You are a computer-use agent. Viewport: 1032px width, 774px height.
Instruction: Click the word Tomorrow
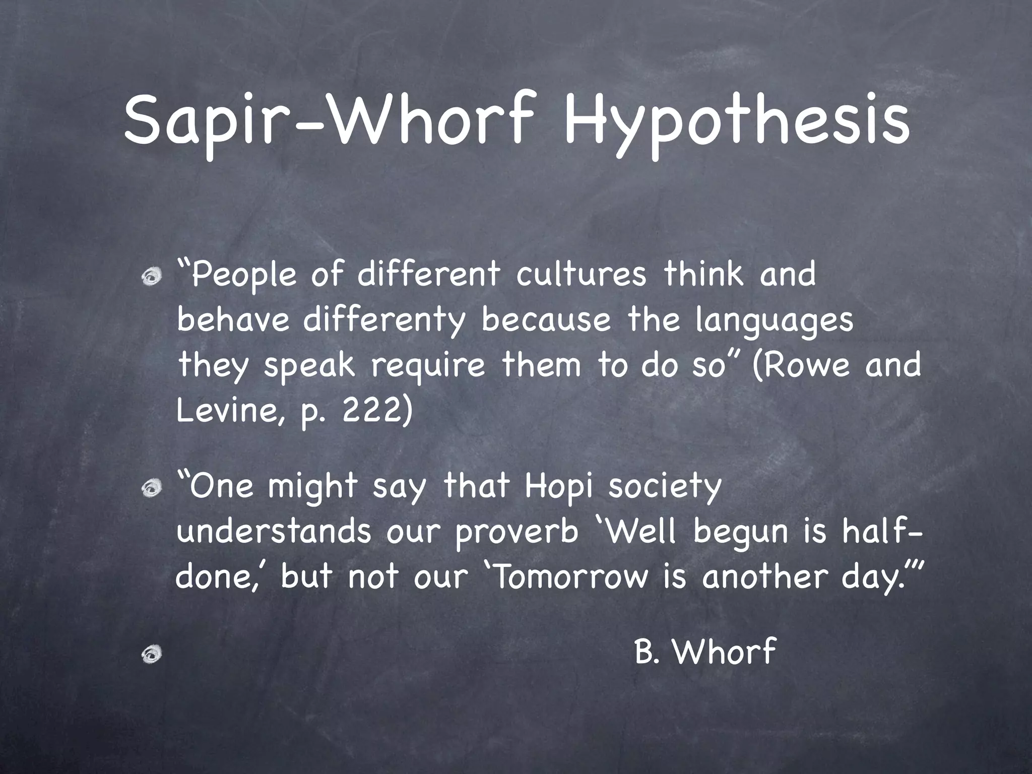tap(570, 577)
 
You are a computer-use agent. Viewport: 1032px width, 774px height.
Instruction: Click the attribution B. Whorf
tap(705, 652)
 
